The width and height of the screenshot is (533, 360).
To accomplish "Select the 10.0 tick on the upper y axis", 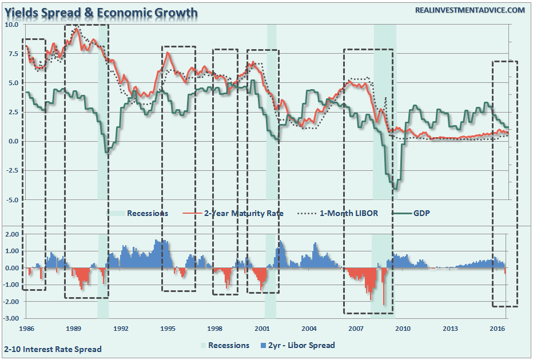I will (x=12, y=25).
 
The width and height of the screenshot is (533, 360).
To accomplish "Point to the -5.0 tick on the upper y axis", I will (x=12, y=200).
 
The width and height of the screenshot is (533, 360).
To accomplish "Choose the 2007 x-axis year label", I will (x=356, y=329).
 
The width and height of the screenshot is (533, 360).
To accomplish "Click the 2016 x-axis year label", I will (x=496, y=329).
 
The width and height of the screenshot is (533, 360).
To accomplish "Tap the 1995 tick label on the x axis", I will (x=168, y=329).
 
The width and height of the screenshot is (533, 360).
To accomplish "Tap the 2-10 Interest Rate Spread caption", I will (x=53, y=349).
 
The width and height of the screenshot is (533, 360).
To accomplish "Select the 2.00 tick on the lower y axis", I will (x=12, y=234).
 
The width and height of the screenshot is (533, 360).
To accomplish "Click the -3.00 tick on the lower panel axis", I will (x=12, y=318).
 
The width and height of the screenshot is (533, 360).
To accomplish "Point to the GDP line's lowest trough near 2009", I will (x=395, y=187).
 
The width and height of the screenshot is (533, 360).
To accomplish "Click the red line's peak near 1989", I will (x=77, y=29).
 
